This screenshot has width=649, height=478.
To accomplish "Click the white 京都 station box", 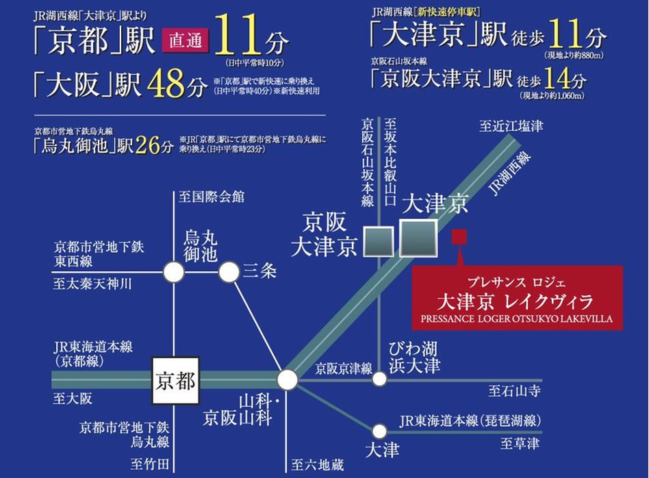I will point(175,379).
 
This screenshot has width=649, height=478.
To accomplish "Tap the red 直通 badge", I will point(185,41).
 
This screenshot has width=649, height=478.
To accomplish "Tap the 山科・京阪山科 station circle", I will point(288,379).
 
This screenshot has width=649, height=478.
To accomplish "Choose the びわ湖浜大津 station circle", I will point(380,379).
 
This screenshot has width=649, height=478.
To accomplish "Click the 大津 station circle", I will point(380,431).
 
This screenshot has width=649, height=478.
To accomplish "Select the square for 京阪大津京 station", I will point(379,241).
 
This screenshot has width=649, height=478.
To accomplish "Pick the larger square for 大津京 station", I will point(418,238).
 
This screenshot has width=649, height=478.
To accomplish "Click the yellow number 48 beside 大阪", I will point(166,85).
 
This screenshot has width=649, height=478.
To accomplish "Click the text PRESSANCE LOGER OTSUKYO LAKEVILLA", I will point(517,318).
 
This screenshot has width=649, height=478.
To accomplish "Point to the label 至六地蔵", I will point(317,466).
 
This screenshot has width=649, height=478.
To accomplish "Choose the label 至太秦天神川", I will point(92,284).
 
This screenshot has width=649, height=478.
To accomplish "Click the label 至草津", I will point(518,444).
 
